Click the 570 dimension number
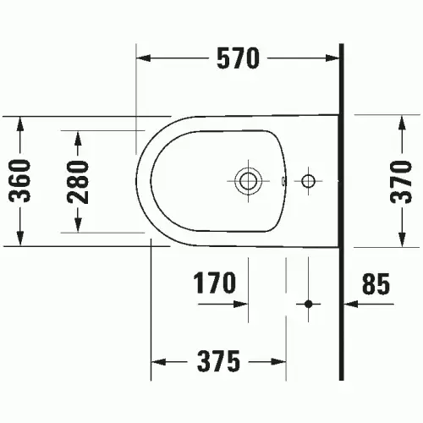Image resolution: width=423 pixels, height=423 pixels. pyautogui.click(x=238, y=58)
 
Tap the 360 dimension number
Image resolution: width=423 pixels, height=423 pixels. pyautogui.click(x=19, y=181)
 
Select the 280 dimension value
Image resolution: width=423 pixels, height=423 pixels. pyautogui.click(x=78, y=182)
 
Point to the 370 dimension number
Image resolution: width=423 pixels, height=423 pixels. pyautogui.click(x=401, y=182)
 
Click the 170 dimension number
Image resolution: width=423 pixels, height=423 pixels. pyautogui.click(x=214, y=283)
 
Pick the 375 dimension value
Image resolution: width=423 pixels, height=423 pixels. pyautogui.click(x=218, y=361)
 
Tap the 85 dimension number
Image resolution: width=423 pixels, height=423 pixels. pyautogui.click(x=376, y=283)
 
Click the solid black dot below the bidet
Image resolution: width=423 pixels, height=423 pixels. pyautogui.click(x=309, y=305)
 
